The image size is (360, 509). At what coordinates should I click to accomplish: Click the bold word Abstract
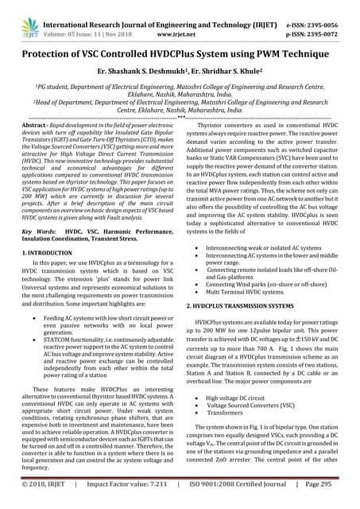(33, 126)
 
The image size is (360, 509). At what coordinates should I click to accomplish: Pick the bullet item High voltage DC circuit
(243, 397)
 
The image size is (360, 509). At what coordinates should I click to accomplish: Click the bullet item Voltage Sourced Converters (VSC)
(254, 405)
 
